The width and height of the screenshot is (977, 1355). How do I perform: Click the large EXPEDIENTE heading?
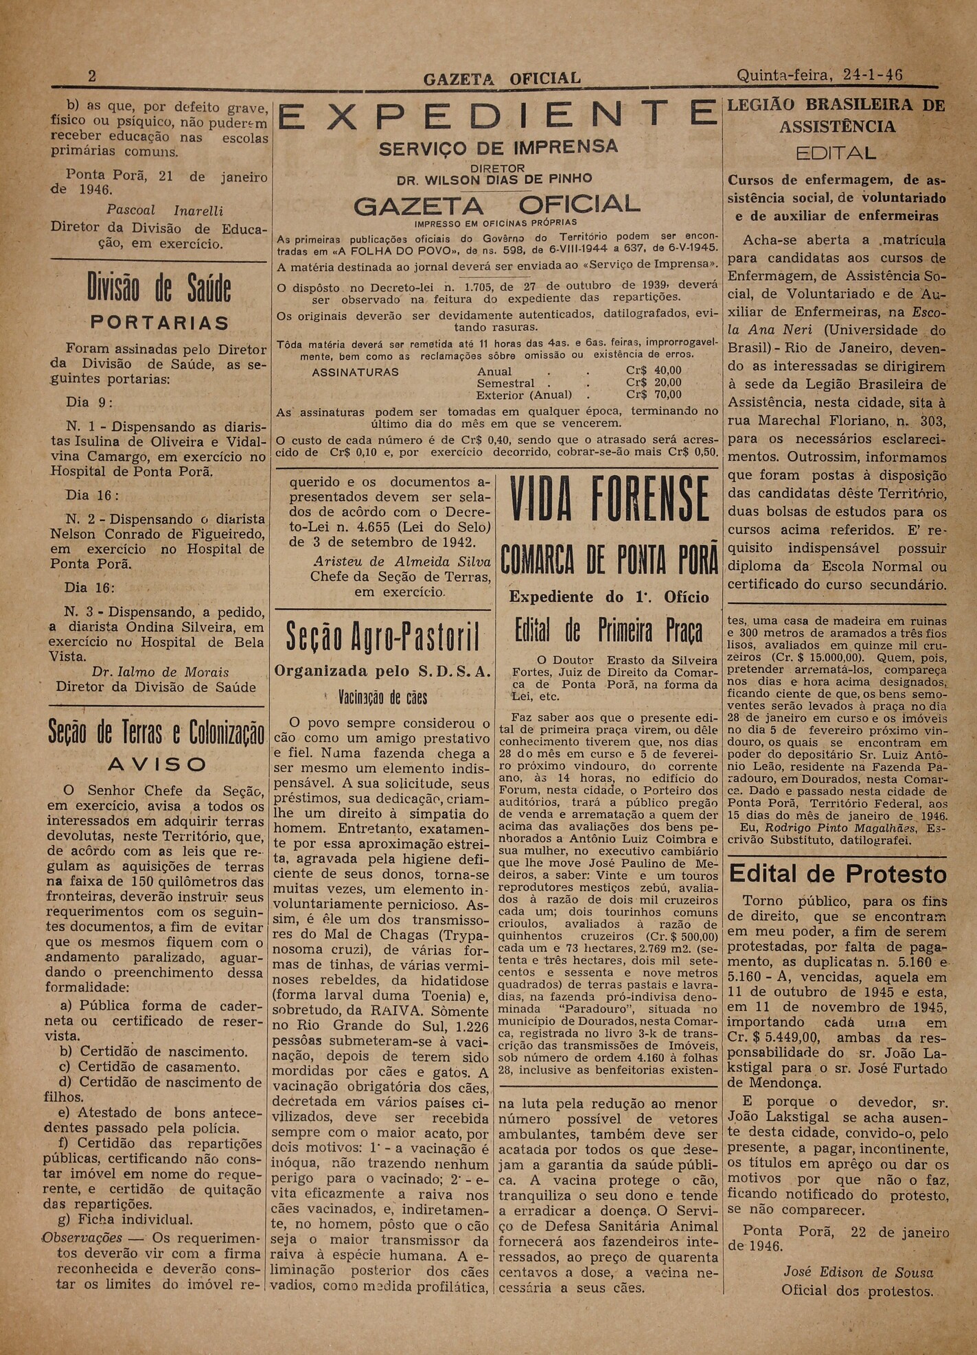[x=497, y=115]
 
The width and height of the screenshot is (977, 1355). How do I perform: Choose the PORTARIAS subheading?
[x=160, y=323]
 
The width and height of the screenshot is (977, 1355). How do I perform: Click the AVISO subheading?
[x=157, y=764]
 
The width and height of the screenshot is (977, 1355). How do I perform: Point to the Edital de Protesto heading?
[x=838, y=874]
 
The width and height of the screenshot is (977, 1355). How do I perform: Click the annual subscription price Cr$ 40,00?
[x=654, y=371]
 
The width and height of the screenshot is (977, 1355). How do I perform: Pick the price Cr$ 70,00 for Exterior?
[x=654, y=395]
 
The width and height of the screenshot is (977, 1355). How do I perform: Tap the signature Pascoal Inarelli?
[x=165, y=210]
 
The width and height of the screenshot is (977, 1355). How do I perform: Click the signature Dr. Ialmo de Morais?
[x=160, y=672]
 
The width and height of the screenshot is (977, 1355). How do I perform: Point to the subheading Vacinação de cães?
[x=382, y=698]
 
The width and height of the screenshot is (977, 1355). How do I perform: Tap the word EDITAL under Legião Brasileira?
[x=836, y=152]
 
